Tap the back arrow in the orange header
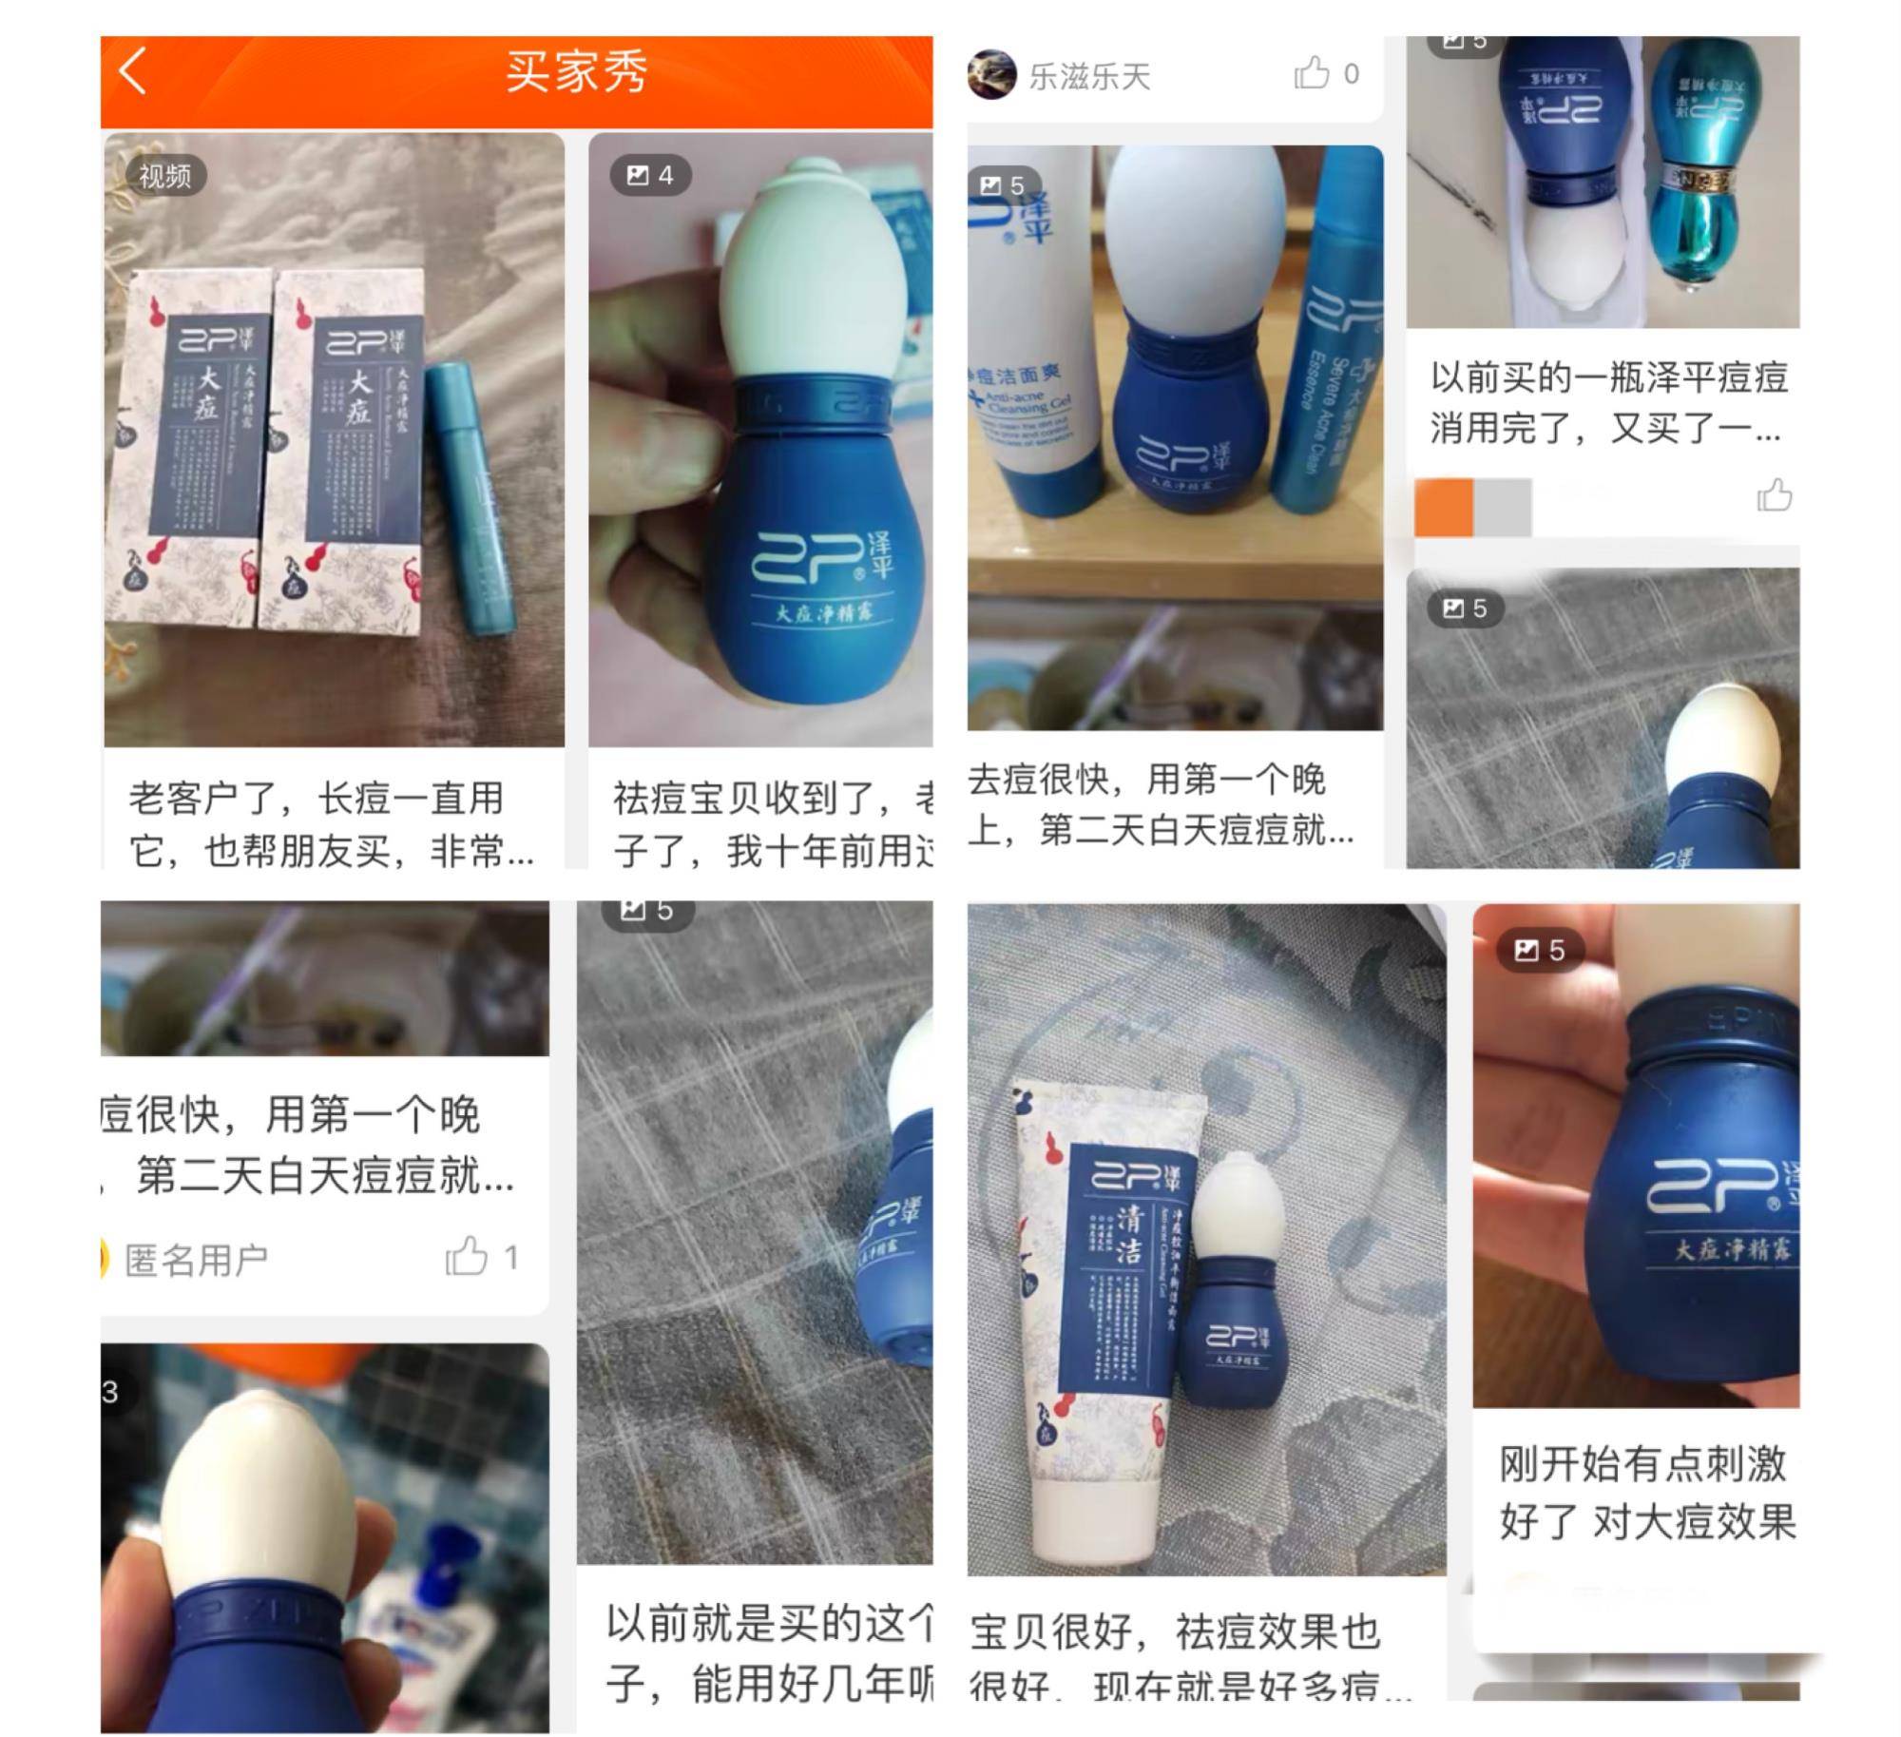tap(133, 71)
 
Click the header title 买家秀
tap(576, 72)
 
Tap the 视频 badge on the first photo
tap(164, 176)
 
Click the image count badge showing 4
tap(650, 175)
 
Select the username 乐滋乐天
tap(1089, 76)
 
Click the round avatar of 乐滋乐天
tap(991, 75)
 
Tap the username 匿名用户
tap(197, 1261)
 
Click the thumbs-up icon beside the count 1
tap(467, 1257)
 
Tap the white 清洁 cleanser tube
tap(1093, 1331)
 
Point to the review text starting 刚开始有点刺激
tap(1644, 1493)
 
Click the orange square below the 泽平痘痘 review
tap(1443, 508)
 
